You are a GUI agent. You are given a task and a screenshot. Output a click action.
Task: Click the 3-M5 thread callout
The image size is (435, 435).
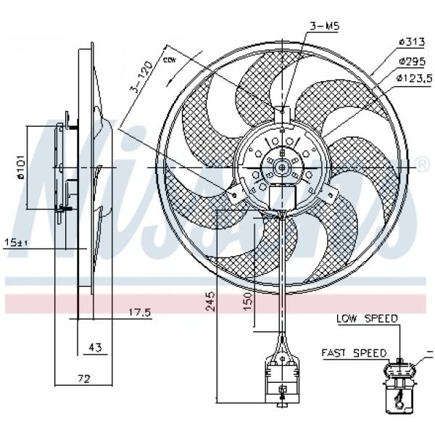pyautogui.click(x=325, y=26)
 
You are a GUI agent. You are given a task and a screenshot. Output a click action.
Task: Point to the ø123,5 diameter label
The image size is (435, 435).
pyautogui.click(x=413, y=78)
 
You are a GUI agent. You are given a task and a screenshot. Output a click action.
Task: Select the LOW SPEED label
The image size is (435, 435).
pyautogui.click(x=366, y=318)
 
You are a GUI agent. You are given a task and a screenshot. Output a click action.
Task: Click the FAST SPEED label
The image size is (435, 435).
pyautogui.click(x=354, y=352)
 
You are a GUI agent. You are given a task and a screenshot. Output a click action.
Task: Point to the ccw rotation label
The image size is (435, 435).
pyautogui.click(x=171, y=59)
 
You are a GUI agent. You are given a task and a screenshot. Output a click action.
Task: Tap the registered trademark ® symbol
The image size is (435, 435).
pyautogui.click(x=423, y=165)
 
